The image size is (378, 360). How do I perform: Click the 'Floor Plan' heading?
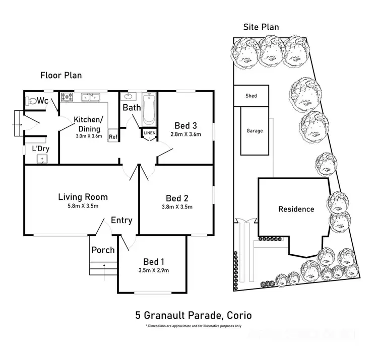(x=61, y=76)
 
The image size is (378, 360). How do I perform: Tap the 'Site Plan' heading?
(x=261, y=27)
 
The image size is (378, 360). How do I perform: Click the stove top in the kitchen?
(x=67, y=97)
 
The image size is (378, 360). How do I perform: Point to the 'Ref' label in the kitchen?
(x=113, y=136)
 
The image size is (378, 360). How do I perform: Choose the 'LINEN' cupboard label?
(x=150, y=133)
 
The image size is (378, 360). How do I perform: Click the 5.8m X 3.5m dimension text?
(x=83, y=206)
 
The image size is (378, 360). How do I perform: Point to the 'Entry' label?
(x=121, y=220)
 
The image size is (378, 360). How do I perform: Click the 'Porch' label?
(x=103, y=250)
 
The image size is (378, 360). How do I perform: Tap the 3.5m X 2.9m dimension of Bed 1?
(x=154, y=270)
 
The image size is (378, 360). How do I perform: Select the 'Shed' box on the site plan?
(x=251, y=95)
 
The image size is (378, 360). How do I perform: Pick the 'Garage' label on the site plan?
(x=255, y=131)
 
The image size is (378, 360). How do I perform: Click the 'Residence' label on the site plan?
(x=296, y=209)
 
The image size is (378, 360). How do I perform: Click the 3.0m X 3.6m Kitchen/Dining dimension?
(x=89, y=136)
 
